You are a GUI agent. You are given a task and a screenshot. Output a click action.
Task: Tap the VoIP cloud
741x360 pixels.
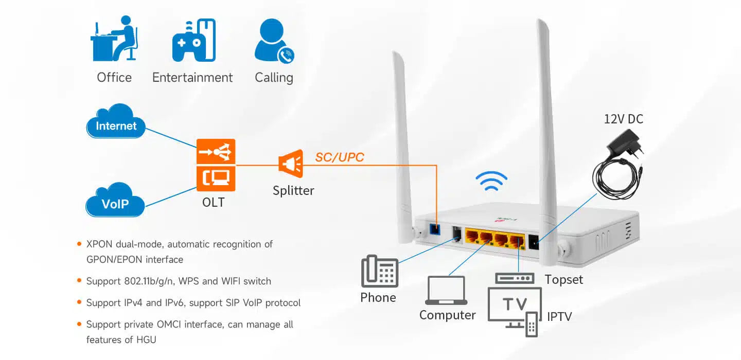pos(115,202)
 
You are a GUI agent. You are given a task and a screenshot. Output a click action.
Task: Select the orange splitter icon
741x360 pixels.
pos(290,164)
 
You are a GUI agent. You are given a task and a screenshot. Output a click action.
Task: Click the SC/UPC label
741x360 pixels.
pos(340,157)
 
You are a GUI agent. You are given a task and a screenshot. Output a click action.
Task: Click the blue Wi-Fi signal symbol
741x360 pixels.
pos(491,182)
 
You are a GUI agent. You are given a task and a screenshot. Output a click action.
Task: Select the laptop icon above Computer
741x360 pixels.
pos(446,291)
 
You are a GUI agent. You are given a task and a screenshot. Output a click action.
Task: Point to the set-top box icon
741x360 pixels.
pos(514,278)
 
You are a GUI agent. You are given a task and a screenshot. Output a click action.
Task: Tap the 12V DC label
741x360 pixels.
pos(623,119)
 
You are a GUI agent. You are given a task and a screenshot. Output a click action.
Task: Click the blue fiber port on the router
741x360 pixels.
pos(435,229)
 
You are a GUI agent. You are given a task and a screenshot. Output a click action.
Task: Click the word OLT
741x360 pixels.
pos(214,202)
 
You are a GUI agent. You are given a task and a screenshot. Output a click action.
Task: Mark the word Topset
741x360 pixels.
pos(564,280)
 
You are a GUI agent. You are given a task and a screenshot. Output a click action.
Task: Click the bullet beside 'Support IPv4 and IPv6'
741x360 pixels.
pos(79,302)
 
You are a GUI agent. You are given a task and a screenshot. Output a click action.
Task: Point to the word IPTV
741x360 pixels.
pos(559,316)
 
